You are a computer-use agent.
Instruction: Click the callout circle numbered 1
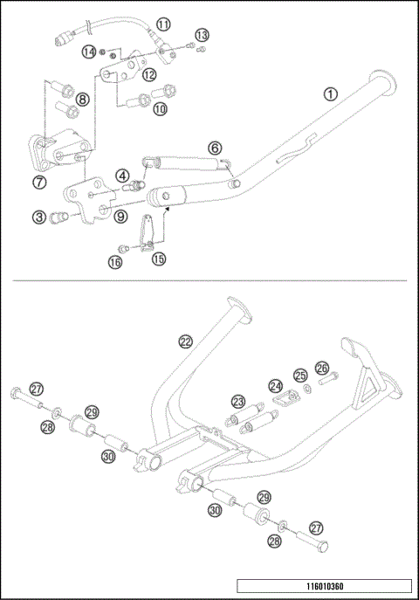click(329, 93)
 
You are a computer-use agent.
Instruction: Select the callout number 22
click(185, 341)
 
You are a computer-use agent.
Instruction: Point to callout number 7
click(41, 182)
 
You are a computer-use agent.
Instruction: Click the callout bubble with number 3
click(41, 216)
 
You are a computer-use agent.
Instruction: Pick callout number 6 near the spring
click(215, 148)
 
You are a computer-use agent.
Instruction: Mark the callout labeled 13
click(202, 35)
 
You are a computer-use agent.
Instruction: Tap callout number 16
click(115, 261)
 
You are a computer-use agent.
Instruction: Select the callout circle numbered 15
click(159, 259)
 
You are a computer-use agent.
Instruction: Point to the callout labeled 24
click(276, 385)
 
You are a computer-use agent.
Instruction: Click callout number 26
click(321, 368)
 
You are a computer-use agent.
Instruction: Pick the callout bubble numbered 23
click(237, 401)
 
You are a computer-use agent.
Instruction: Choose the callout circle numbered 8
click(81, 100)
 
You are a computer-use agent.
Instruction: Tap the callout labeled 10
click(160, 109)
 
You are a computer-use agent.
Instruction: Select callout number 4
click(124, 176)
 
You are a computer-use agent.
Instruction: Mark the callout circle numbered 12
click(149, 75)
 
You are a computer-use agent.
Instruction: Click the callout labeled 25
click(300, 376)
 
